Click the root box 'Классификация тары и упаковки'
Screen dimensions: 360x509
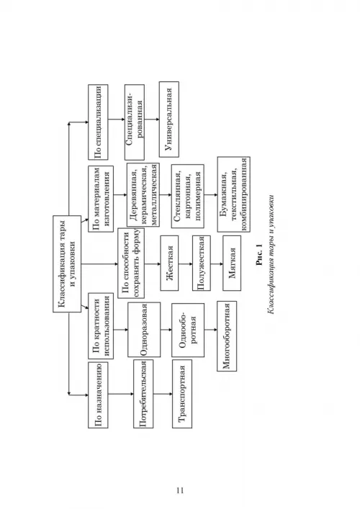(x=67, y=263)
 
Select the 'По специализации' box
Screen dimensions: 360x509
(x=98, y=122)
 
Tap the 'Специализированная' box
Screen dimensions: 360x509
(x=135, y=122)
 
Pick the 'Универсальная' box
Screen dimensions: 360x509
(x=168, y=119)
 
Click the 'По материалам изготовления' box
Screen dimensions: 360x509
(x=101, y=199)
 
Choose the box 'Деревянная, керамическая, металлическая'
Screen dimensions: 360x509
(x=143, y=194)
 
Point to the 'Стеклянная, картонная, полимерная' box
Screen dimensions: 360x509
(x=188, y=196)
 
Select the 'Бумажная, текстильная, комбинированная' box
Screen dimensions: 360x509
(x=234, y=194)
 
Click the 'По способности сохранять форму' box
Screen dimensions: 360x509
(x=131, y=263)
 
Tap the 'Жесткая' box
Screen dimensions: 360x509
(x=169, y=263)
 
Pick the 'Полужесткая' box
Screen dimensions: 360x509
(x=202, y=263)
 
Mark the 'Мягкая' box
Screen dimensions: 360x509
(x=232, y=263)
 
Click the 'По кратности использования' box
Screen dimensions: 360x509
(x=101, y=325)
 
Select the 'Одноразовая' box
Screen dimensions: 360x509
(x=144, y=330)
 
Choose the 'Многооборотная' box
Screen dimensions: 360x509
(x=227, y=336)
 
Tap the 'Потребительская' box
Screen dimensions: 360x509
(x=143, y=394)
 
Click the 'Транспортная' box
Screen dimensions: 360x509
(x=181, y=394)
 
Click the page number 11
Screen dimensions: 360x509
(x=180, y=490)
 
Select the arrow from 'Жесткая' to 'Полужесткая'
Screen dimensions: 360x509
(x=185, y=263)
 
